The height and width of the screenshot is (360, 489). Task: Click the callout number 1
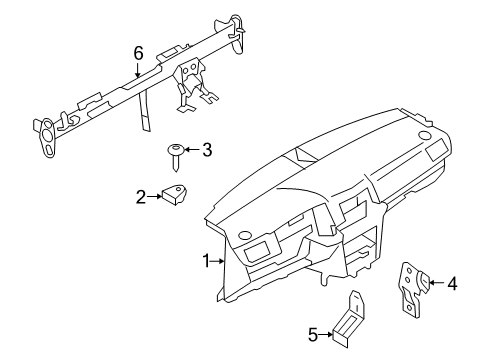(207, 261)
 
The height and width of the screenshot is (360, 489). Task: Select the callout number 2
(141, 197)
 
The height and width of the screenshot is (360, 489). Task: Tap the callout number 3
(207, 150)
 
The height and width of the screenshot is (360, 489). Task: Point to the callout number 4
(452, 284)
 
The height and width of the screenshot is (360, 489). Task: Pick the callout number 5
(313, 335)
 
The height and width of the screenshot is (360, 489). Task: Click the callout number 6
(138, 53)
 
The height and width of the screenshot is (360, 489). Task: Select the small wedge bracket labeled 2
(174, 194)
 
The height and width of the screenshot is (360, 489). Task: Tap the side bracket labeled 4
(413, 289)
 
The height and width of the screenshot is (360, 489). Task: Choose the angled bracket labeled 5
(349, 320)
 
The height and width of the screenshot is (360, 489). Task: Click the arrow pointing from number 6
(138, 70)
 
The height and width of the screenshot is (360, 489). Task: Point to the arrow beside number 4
(437, 283)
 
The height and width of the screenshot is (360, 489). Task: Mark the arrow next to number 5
(326, 334)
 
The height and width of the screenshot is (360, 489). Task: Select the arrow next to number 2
(154, 197)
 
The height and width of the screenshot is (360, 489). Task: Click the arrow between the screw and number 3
(192, 149)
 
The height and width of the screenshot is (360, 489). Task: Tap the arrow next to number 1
(218, 261)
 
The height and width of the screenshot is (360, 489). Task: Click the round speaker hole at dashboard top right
(424, 135)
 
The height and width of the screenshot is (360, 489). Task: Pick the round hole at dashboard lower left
(245, 235)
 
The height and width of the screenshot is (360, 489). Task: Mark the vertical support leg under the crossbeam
(145, 112)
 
